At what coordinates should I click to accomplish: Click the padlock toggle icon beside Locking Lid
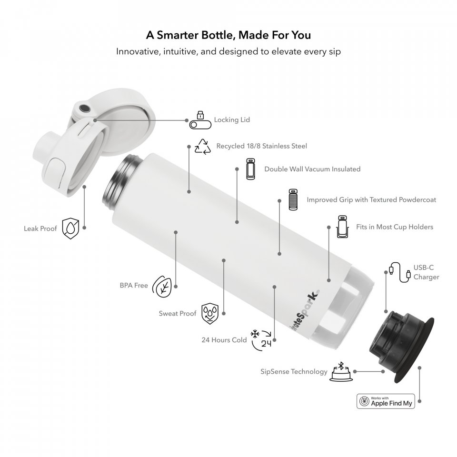(x=200, y=120)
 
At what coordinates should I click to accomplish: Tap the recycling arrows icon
(x=203, y=146)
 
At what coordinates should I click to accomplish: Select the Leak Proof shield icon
(x=70, y=228)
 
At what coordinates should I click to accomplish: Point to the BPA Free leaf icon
(x=162, y=286)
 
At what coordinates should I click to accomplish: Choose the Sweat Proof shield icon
(x=210, y=314)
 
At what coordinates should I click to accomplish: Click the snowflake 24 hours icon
(x=261, y=340)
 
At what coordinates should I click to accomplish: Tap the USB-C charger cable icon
(x=400, y=272)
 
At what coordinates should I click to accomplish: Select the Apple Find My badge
(x=386, y=401)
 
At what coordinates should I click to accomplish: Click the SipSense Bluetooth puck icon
(x=341, y=371)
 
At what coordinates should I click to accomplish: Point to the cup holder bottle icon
(x=342, y=227)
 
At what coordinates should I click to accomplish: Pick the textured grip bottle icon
(x=293, y=199)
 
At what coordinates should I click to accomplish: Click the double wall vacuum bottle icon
(x=251, y=169)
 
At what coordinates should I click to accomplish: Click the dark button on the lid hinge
(x=85, y=109)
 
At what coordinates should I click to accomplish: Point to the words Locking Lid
(x=232, y=120)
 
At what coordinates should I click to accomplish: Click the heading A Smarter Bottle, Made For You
(x=228, y=35)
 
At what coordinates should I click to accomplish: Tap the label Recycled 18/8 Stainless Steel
(x=262, y=146)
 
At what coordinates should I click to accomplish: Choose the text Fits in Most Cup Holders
(x=395, y=227)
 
